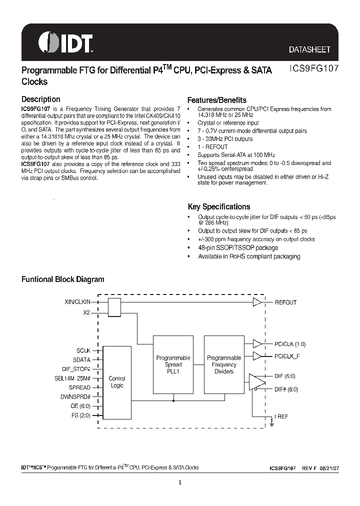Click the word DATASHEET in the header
[x=309, y=50]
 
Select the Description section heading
[x=40, y=99]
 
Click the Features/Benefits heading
[x=216, y=100]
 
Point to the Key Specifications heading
[x=218, y=206]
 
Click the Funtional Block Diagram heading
[x=62, y=279]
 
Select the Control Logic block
[x=117, y=382]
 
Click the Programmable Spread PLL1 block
[x=173, y=364]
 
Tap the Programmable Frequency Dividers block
[x=224, y=364]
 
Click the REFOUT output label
[x=285, y=302]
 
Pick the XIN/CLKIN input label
[x=77, y=302]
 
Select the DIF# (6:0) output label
[x=286, y=388]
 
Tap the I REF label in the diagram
[x=281, y=416]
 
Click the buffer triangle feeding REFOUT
[x=257, y=302]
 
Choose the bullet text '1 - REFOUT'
[x=212, y=147]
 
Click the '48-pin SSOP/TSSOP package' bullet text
[x=238, y=247]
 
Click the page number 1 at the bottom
[x=179, y=482]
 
